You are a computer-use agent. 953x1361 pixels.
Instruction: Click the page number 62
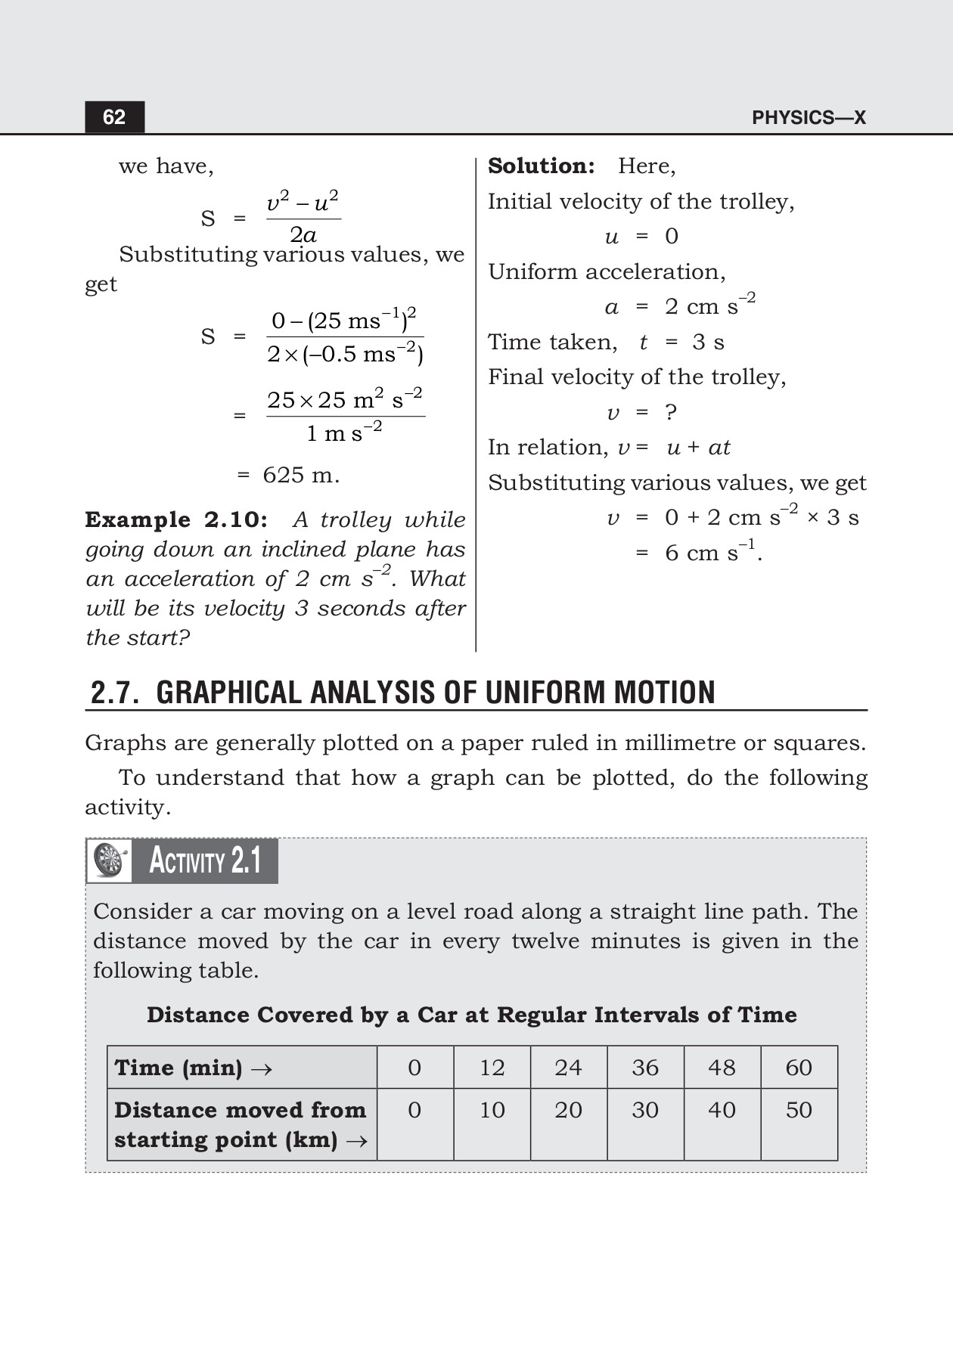coord(114,117)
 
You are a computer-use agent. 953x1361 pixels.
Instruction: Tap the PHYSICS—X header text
coord(809,117)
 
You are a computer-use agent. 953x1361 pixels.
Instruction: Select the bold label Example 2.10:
coord(176,520)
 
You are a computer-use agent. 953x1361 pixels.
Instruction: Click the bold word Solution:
coord(541,166)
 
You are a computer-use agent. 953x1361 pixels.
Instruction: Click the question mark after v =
coord(670,413)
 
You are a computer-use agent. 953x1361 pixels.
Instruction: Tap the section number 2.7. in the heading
coord(115,693)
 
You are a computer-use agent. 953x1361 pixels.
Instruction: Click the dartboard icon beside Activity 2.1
coord(110,860)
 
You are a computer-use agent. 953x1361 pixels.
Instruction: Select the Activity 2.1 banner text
coord(205,860)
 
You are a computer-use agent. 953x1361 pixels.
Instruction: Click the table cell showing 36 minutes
coord(645,1068)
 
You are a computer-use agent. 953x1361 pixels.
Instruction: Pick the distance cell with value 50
coord(799,1110)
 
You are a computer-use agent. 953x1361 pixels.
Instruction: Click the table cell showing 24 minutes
coord(568,1068)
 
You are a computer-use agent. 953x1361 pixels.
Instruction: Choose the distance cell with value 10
coord(492,1110)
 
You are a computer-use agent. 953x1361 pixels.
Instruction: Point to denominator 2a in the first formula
coord(303,234)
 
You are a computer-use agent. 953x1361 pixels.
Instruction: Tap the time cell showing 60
coord(799,1068)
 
